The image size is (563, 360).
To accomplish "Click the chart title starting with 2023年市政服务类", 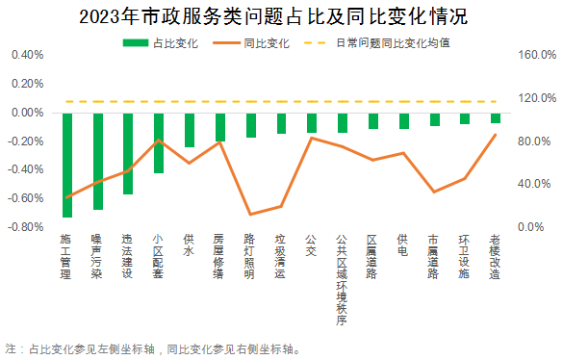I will coord(281,16).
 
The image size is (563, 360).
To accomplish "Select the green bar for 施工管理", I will coord(67,165).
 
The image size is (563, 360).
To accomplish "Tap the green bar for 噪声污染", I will coord(97,161).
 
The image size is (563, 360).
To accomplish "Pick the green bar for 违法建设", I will coord(128,153).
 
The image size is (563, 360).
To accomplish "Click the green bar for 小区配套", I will coord(159,142).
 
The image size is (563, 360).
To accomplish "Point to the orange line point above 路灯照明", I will coord(250,215).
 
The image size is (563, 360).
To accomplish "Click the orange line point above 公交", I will coord(311,138).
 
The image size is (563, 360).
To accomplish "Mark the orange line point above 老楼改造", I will coord(495,135).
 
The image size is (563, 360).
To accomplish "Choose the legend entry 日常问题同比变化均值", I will coord(377,43).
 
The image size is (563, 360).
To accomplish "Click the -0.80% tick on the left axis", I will coord(26,227).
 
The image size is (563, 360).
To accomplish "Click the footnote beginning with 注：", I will coord(154,347).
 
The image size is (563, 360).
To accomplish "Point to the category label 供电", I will coord(402,244).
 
